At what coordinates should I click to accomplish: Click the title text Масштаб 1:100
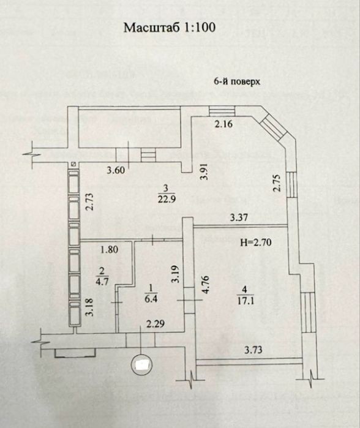170,28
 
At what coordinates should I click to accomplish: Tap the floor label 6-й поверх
237,81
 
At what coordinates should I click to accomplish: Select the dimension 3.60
116,170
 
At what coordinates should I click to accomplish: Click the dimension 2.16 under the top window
223,124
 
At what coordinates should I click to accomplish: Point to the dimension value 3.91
204,171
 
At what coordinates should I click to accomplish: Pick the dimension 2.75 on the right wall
277,182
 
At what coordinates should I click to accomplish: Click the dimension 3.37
239,217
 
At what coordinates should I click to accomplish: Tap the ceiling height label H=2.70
256,242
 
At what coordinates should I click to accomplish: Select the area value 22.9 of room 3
166,199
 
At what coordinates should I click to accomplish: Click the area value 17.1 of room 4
246,301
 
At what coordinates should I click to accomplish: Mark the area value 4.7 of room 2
102,281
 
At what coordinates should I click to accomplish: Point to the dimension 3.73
253,350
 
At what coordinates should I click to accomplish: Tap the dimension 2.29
156,324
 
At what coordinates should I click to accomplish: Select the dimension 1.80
109,249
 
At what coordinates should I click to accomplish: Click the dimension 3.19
176,274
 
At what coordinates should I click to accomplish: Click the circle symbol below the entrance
141,364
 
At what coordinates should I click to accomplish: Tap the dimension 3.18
90,307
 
